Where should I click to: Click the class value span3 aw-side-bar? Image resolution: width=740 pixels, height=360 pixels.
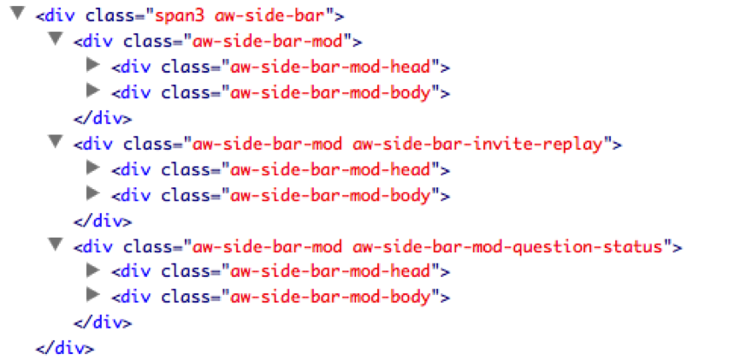click(x=241, y=17)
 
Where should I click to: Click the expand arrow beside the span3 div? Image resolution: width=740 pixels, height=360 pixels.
click(x=17, y=14)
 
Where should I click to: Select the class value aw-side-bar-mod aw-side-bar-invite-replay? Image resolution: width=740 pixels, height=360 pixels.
click(x=399, y=145)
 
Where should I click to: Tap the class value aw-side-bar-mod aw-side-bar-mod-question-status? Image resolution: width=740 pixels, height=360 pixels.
click(x=428, y=246)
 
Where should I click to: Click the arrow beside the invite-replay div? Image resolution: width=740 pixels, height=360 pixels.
click(x=56, y=141)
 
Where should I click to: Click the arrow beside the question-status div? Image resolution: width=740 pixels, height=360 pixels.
click(x=56, y=243)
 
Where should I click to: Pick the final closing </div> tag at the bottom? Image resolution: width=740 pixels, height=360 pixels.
click(x=65, y=349)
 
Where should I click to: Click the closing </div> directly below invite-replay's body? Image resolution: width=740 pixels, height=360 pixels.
click(x=103, y=221)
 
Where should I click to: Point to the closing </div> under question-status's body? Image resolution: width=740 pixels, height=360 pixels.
click(x=103, y=323)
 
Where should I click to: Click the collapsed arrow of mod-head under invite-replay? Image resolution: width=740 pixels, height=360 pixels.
click(x=93, y=167)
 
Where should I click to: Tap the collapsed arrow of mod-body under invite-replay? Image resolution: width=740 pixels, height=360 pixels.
click(x=93, y=192)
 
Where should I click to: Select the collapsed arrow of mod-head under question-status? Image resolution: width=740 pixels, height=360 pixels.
click(x=93, y=269)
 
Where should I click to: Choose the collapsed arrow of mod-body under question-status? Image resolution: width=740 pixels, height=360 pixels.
click(x=93, y=295)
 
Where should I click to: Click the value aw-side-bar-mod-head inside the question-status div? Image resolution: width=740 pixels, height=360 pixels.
click(x=330, y=272)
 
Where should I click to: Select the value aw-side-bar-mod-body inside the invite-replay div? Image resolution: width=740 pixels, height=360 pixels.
click(x=330, y=195)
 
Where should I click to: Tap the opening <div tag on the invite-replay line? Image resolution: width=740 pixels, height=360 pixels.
click(x=93, y=145)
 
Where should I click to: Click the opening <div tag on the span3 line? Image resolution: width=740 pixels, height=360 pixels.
click(x=56, y=17)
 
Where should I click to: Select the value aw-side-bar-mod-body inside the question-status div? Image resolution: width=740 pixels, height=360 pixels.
click(x=330, y=298)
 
